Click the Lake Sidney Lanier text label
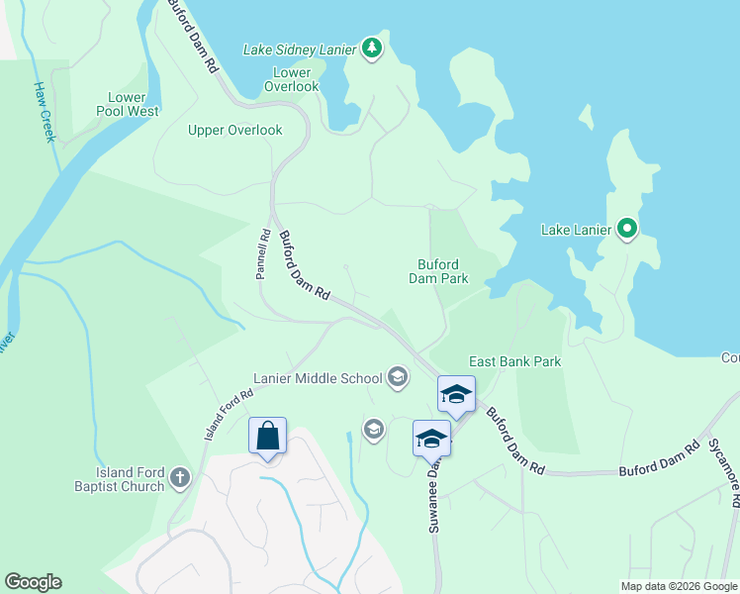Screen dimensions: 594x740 pyautogui.click(x=301, y=49)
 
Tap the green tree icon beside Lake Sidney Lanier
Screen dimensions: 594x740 pyautogui.click(x=371, y=48)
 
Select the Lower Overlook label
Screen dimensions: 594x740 pyautogui.click(x=292, y=79)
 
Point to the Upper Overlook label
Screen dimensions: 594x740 pyautogui.click(x=235, y=130)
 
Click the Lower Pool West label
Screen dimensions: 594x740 pyautogui.click(x=129, y=104)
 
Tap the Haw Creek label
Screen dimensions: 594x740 pyautogui.click(x=44, y=111)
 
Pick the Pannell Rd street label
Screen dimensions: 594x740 pyautogui.click(x=263, y=254)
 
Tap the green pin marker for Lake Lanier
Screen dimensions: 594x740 pyautogui.click(x=626, y=230)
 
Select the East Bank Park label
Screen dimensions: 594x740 pyautogui.click(x=514, y=361)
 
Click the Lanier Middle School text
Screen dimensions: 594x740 pyautogui.click(x=318, y=377)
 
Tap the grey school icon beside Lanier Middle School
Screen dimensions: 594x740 pyautogui.click(x=397, y=375)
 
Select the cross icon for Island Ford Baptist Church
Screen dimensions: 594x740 pyautogui.click(x=179, y=478)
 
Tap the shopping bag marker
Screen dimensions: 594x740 pyautogui.click(x=267, y=436)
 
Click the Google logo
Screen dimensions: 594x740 pyautogui.click(x=33, y=582)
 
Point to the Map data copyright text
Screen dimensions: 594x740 pyautogui.click(x=679, y=586)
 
